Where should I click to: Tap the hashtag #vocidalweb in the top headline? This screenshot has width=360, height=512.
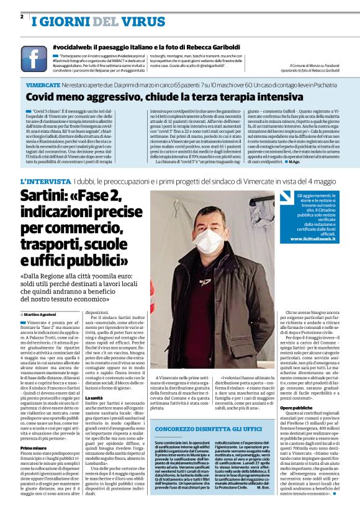pos(79,47)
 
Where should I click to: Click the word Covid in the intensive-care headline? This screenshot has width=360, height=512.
pos(43,97)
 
